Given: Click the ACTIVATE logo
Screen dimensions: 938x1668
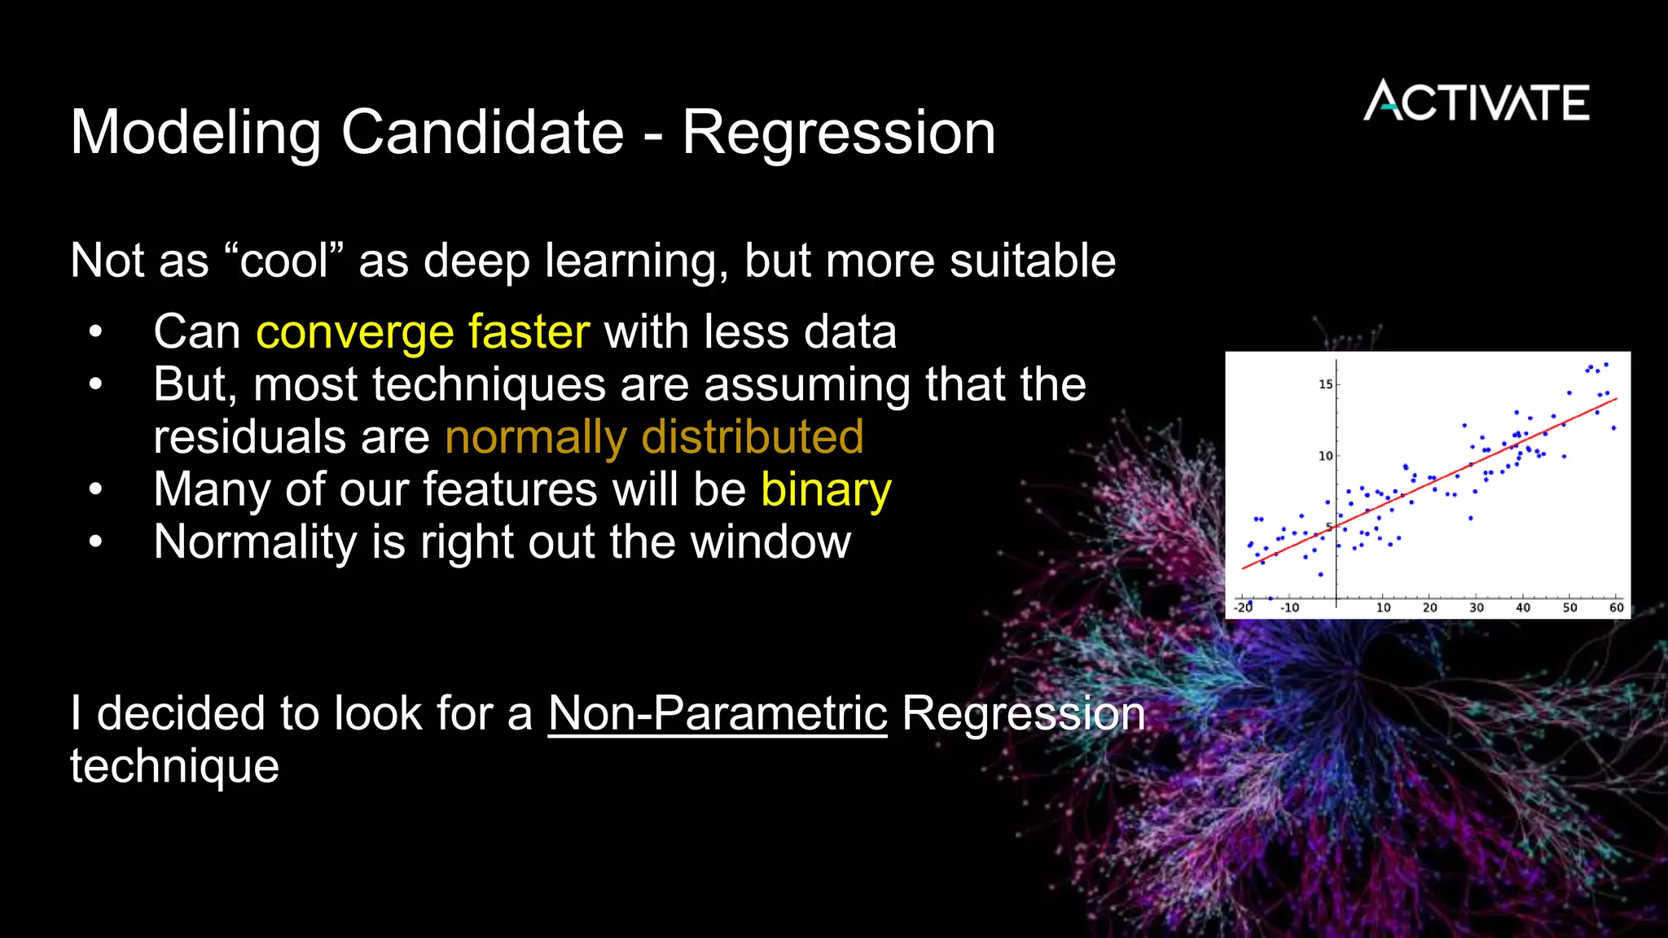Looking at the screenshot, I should [1476, 102].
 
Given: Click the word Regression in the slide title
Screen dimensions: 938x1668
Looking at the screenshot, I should [839, 133].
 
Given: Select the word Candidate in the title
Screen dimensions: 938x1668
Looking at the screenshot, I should [482, 133].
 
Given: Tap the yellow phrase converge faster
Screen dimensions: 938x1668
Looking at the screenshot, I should [423, 332].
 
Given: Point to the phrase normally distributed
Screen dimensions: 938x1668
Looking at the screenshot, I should [654, 437].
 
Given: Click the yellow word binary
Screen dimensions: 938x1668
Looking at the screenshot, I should [826, 490].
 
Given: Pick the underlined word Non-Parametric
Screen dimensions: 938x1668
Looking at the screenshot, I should [718, 714].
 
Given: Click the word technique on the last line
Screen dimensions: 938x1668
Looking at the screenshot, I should [174, 767].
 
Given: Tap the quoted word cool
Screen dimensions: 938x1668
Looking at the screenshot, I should [283, 261].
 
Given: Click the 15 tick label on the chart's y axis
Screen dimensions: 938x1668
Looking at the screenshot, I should [1326, 384].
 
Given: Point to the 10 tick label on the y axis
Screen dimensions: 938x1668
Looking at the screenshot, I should [1326, 456].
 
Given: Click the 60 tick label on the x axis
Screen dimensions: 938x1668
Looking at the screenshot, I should [1617, 607].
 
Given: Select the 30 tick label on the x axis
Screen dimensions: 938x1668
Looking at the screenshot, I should [1477, 607].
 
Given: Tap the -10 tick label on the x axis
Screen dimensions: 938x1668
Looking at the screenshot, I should [1290, 607].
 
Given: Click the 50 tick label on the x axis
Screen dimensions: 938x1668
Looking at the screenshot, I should [1570, 607].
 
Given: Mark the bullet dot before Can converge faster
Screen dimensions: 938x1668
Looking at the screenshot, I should [96, 332].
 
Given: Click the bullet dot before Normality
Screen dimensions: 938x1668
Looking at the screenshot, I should [96, 542].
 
